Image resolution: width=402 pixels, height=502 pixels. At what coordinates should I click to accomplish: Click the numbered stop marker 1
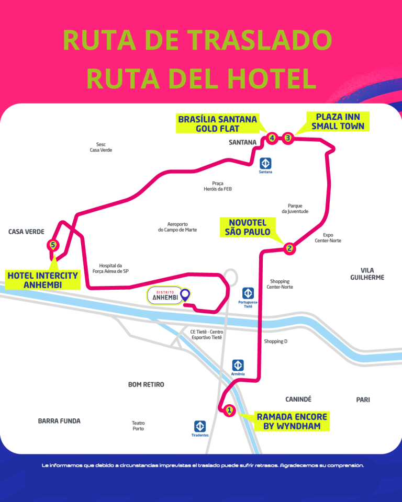point(229,410)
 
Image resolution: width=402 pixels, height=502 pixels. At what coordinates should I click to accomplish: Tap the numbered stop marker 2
point(289,248)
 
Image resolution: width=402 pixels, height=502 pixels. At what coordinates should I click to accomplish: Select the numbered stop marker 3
point(288,138)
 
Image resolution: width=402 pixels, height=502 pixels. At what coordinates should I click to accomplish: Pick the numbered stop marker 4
point(272,138)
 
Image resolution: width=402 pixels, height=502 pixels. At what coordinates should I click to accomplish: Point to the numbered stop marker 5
point(52,244)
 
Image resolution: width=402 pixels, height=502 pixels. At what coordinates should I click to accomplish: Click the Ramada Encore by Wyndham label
point(292,421)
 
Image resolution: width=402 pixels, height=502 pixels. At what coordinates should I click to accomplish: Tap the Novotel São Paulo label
point(248,227)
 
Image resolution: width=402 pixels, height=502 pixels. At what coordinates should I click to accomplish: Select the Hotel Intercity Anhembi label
point(43,280)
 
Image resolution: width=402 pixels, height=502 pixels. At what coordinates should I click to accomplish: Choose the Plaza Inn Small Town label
point(338,121)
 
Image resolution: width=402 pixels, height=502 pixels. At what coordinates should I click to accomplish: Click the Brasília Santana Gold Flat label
point(218,123)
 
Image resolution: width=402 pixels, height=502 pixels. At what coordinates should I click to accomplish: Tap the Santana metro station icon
point(266,163)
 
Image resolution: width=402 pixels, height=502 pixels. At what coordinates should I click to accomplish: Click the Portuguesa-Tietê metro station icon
point(248,293)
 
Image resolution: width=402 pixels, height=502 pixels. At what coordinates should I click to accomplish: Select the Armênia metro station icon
point(238,366)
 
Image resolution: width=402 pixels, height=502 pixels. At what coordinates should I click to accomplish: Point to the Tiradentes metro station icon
point(200,426)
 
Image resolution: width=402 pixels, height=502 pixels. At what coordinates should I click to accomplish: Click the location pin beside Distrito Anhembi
point(184,296)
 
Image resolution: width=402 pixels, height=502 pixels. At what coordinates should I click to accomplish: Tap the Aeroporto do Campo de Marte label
point(177,226)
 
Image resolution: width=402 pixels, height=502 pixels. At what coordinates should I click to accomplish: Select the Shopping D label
point(276,341)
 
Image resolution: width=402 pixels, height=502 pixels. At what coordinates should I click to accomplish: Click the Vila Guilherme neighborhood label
point(367,273)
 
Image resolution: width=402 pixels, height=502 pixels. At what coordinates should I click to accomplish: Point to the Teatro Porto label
point(138,426)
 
